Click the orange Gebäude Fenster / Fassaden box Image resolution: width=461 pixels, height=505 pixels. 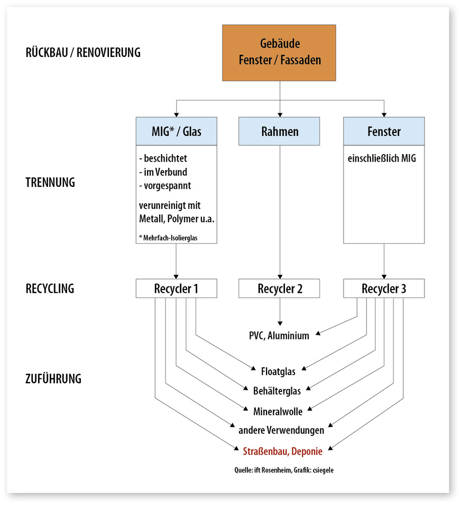[279, 53]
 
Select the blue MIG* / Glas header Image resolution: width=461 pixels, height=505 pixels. [177, 131]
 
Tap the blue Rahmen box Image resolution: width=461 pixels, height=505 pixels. [279, 131]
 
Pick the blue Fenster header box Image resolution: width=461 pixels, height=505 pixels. [384, 131]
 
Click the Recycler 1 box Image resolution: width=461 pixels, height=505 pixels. [177, 289]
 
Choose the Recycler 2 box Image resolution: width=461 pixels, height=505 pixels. [279, 289]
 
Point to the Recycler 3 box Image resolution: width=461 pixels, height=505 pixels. [384, 289]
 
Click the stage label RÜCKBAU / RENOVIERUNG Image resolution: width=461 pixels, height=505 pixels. [83, 53]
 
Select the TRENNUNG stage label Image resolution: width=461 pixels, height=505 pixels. [50, 183]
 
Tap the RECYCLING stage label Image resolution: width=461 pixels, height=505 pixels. [50, 289]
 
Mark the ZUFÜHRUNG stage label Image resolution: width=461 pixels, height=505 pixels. [53, 378]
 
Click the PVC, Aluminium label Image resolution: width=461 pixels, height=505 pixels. [279, 336]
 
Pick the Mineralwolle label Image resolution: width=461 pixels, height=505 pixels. [278, 411]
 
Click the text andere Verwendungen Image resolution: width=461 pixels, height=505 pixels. [281, 430]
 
